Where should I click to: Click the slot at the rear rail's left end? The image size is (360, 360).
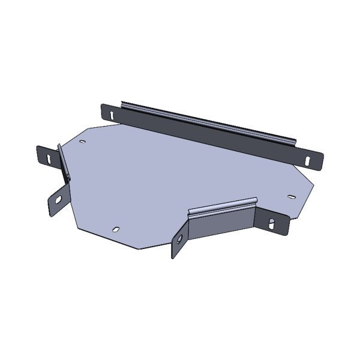pyautogui.click(x=112, y=112)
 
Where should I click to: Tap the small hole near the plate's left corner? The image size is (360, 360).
pyautogui.click(x=82, y=142)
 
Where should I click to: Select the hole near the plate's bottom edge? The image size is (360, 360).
pyautogui.click(x=116, y=229)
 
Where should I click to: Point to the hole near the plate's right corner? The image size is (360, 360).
pyautogui.click(x=291, y=196)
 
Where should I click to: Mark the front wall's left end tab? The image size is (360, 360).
pyautogui.click(x=179, y=244)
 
